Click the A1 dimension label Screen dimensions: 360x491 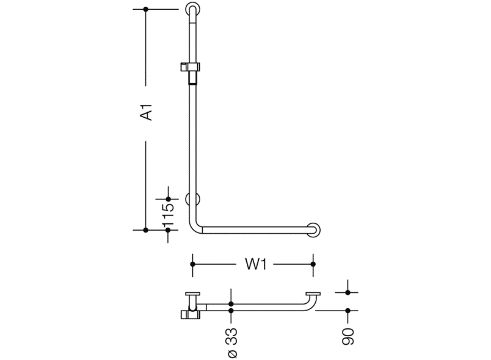point(145,113)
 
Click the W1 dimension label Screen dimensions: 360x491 point(253,264)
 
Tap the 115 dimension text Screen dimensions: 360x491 point(169,214)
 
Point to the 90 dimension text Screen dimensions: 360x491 point(348,335)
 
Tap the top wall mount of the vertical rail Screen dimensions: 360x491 point(192,10)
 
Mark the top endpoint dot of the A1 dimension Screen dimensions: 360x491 point(145,9)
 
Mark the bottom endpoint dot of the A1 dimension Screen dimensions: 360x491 point(145,230)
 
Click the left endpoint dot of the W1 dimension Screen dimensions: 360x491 point(192,264)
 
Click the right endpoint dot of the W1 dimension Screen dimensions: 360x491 point(313,264)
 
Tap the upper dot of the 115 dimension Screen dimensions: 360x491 point(169,198)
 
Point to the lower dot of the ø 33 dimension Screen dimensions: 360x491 point(231,311)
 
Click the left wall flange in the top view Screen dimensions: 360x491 point(192,293)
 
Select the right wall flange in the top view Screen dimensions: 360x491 point(314,293)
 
